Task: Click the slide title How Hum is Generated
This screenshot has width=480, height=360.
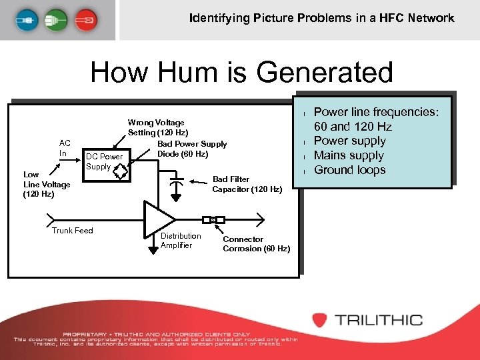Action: [x=241, y=72]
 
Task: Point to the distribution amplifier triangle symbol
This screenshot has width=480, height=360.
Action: [x=159, y=217]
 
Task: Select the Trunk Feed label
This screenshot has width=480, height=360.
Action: [x=73, y=231]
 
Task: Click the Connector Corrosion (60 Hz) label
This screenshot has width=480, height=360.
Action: [x=256, y=244]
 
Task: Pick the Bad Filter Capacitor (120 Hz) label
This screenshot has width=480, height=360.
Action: [x=247, y=184]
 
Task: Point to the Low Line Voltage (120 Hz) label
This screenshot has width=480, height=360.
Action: [x=47, y=185]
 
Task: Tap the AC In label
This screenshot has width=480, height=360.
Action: [x=65, y=149]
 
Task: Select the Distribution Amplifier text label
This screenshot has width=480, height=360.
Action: [x=181, y=241]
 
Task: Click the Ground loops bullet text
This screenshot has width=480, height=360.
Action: [x=349, y=170]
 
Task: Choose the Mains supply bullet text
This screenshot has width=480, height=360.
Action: [x=349, y=155]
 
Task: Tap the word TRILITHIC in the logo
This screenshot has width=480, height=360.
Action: [x=379, y=319]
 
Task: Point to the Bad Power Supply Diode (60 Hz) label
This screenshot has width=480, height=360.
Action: [x=192, y=149]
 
